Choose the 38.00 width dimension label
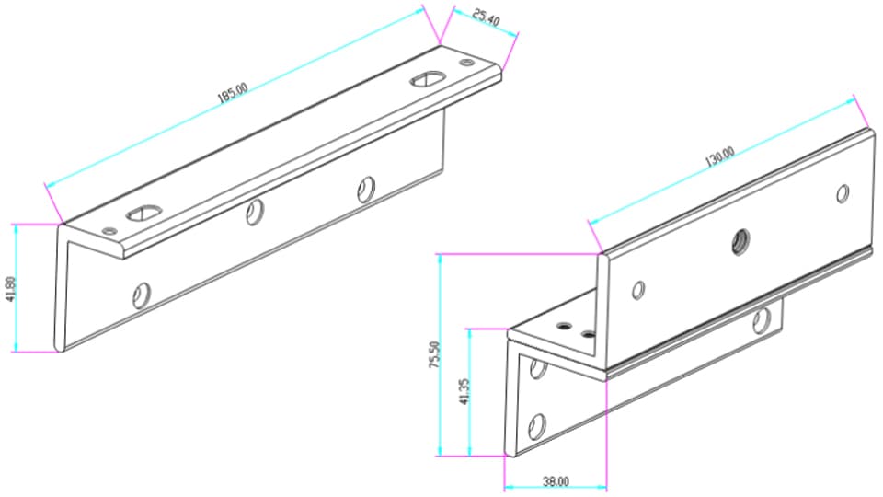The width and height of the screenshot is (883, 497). coord(556,480)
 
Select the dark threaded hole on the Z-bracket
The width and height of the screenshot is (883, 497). coord(738,242)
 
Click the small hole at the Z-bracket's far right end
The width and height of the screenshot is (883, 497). coord(842,193)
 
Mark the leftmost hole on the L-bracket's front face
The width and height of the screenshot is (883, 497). coord(141,295)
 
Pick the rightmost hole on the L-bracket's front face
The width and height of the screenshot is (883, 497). coord(366,189)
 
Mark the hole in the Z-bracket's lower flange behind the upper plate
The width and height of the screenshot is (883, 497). coord(761,319)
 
